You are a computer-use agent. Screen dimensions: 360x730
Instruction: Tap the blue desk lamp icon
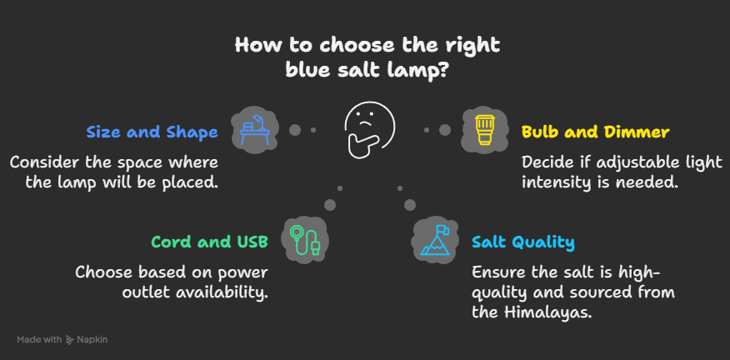(253, 129)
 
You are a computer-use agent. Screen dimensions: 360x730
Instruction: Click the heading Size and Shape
(152, 132)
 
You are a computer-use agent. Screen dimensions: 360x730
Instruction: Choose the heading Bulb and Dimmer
(596, 132)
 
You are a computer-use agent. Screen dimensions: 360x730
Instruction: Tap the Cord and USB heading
(210, 242)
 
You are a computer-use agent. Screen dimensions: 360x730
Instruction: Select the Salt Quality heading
(523, 242)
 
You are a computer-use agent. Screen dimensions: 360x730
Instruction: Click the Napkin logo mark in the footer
(70, 340)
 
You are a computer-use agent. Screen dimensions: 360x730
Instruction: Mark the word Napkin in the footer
(92, 340)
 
